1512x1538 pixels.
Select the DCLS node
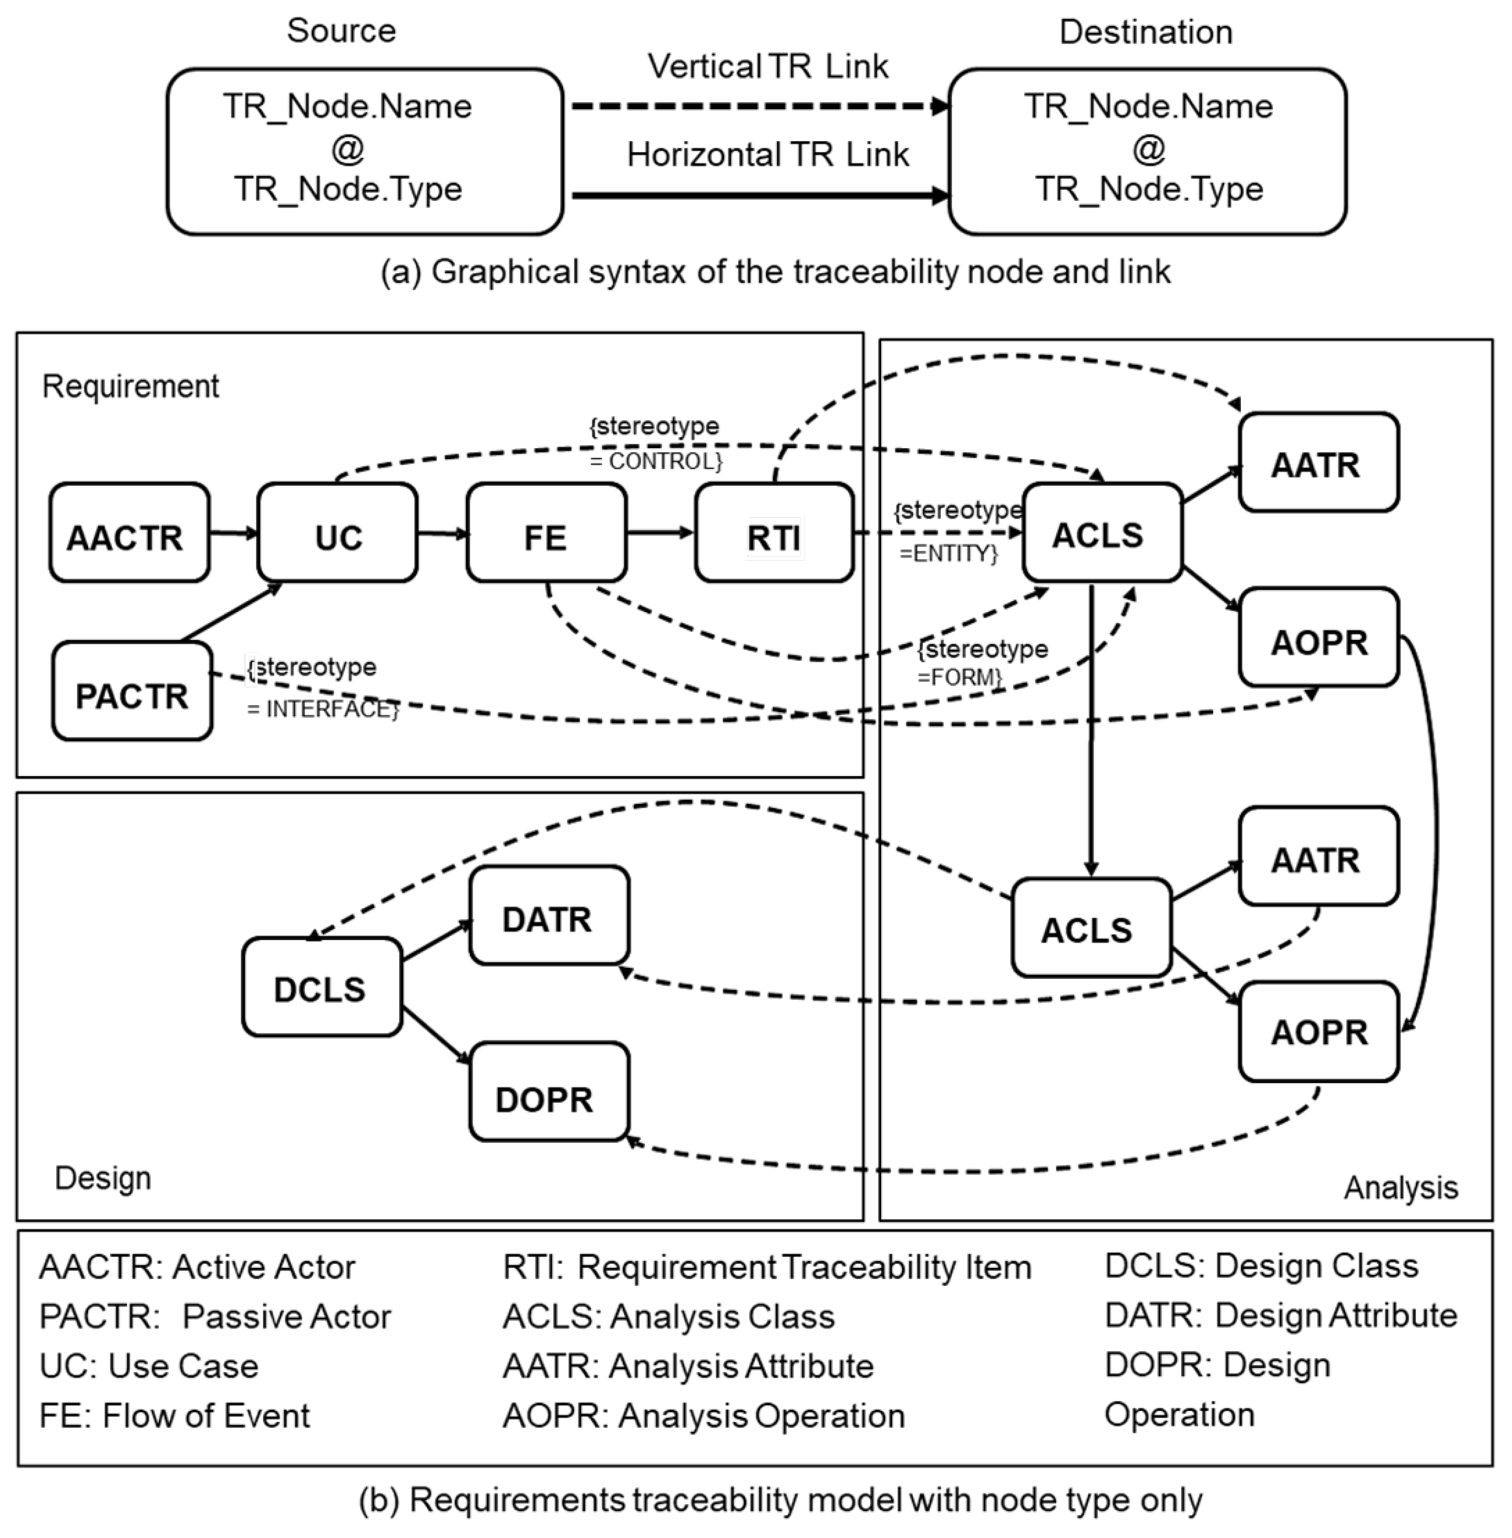point(322,987)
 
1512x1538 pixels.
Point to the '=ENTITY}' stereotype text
point(948,553)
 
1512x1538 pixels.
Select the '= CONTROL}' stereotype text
point(656,460)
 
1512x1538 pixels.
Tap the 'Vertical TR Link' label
point(767,67)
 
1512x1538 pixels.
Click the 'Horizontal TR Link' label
point(767,154)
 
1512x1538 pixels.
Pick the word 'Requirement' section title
point(130,386)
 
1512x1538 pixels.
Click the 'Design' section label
point(102,1177)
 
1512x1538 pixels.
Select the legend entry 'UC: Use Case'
point(149,1365)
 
